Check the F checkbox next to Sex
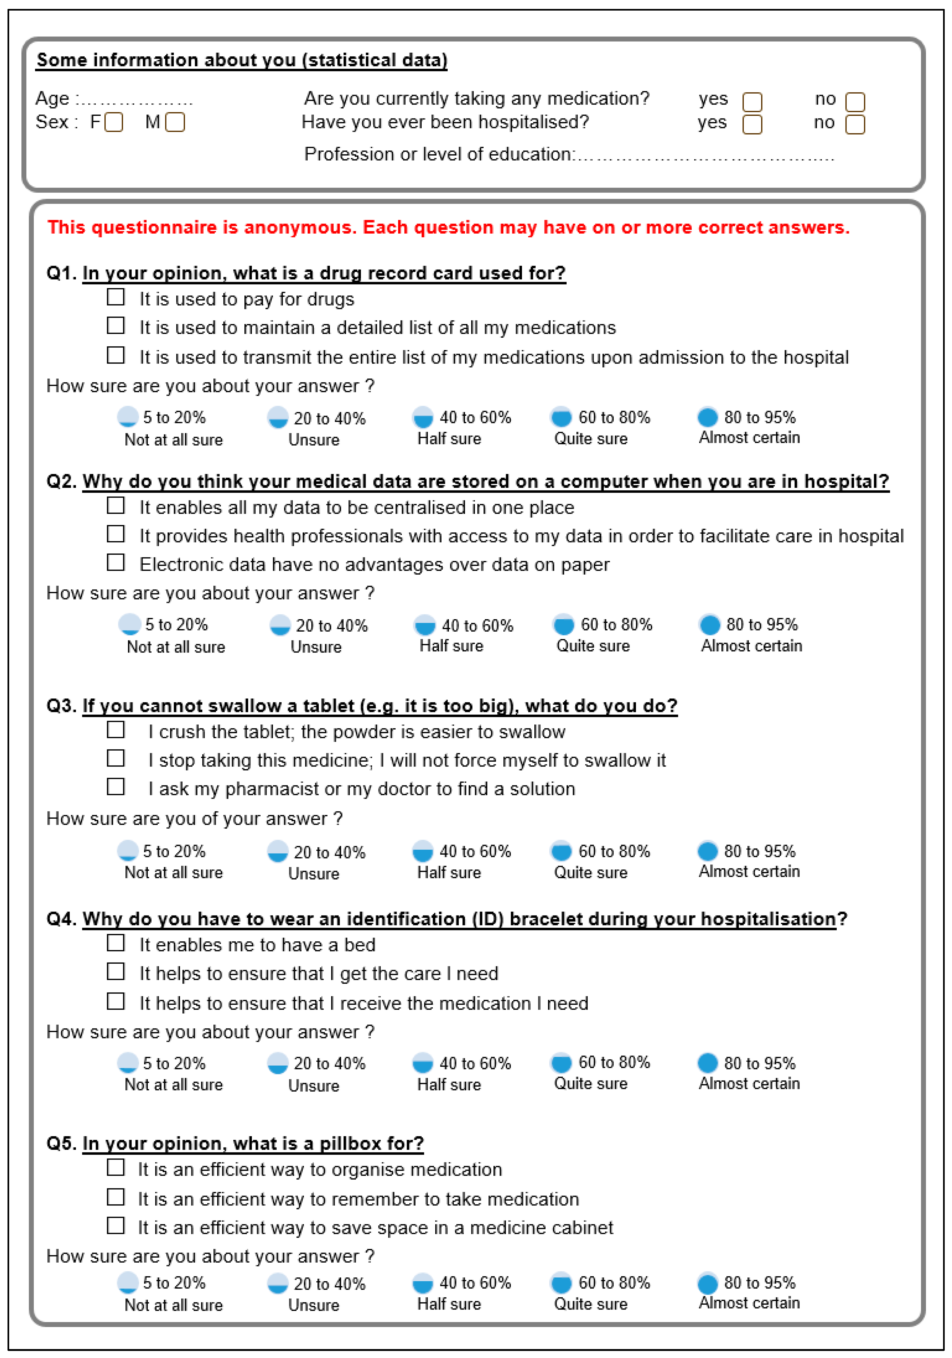point(114,122)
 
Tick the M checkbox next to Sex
point(175,122)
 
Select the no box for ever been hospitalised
point(855,125)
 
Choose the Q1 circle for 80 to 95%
point(708,417)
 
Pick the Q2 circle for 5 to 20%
point(129,624)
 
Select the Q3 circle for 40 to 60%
point(423,851)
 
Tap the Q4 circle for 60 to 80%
point(561,1063)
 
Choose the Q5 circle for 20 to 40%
point(278,1283)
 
